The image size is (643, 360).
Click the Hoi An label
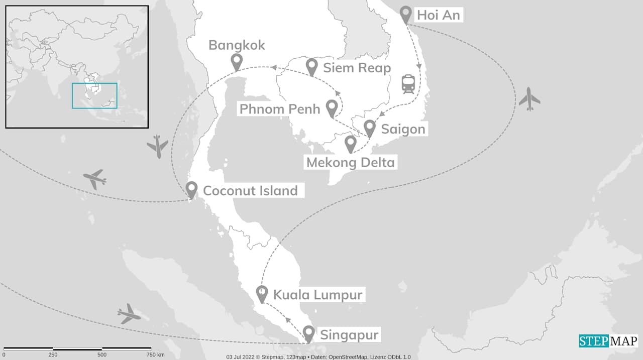(438, 15)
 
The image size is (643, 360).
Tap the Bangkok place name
(237, 45)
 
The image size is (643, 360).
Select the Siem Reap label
(357, 67)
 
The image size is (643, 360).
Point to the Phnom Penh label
(279, 108)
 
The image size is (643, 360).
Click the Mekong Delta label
(350, 162)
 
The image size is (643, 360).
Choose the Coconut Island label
(250, 191)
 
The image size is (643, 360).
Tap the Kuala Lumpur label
(317, 294)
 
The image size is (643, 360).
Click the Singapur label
(349, 334)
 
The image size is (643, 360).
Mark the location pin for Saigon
(370, 128)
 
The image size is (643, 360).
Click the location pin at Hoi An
(406, 14)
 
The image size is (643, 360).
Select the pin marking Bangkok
(237, 62)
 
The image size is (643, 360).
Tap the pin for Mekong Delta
(351, 144)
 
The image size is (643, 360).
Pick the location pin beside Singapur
(308, 333)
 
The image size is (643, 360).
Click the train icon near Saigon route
(408, 84)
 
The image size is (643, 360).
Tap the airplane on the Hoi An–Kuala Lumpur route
(529, 99)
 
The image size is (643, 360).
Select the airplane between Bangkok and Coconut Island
(158, 146)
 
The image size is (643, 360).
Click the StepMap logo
(608, 341)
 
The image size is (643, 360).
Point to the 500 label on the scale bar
(102, 354)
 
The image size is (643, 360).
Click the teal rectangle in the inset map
(94, 95)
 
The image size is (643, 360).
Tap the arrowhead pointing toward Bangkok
(274, 67)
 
